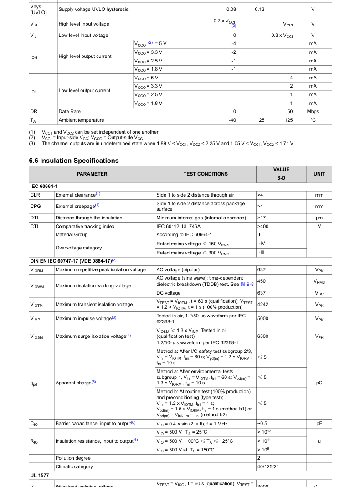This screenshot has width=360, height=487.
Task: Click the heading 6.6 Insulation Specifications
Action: tap(73, 161)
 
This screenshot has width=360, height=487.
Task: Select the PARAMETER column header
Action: tap(92, 174)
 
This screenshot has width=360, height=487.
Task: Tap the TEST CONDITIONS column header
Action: tap(206, 174)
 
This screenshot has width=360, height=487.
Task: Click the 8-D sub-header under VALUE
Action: tap(281, 178)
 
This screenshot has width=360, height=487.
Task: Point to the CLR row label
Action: tap(35, 195)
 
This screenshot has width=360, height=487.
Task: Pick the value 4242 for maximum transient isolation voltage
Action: tap(263, 304)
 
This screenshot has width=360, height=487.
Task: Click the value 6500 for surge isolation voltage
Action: tap(263, 336)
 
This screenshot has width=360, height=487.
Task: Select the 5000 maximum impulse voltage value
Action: tap(263, 318)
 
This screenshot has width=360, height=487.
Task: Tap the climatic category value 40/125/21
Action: tap(267, 466)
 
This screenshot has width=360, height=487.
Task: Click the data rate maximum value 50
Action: tap(290, 111)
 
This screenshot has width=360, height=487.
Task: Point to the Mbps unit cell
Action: tap(313, 111)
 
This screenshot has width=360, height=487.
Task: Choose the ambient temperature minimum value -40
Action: tap(235, 120)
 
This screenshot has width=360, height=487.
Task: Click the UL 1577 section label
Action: tap(40, 475)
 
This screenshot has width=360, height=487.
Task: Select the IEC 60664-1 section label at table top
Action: tap(44, 186)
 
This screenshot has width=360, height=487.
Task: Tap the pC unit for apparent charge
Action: tap(319, 383)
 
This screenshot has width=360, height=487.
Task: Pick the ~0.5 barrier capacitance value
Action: tap(262, 424)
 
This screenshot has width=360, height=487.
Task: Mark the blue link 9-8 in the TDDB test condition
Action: tap(250, 284)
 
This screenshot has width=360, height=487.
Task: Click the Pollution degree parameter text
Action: tap(73, 458)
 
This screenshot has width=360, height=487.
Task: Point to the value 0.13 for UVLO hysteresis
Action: tap(260, 9)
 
